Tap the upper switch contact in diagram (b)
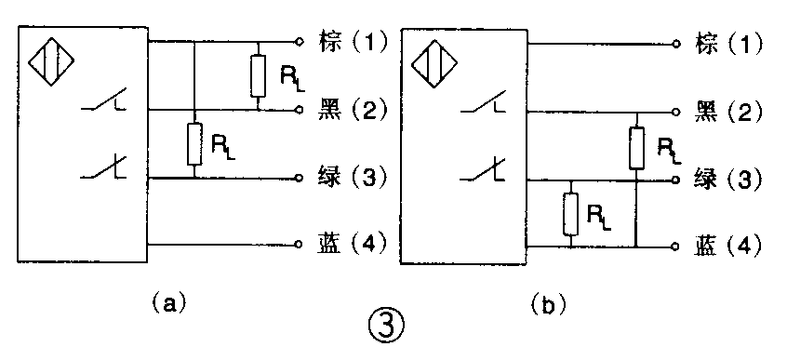490,110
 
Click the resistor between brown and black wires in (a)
257,74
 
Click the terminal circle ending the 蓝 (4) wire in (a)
298,246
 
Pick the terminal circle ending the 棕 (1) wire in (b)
680,43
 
